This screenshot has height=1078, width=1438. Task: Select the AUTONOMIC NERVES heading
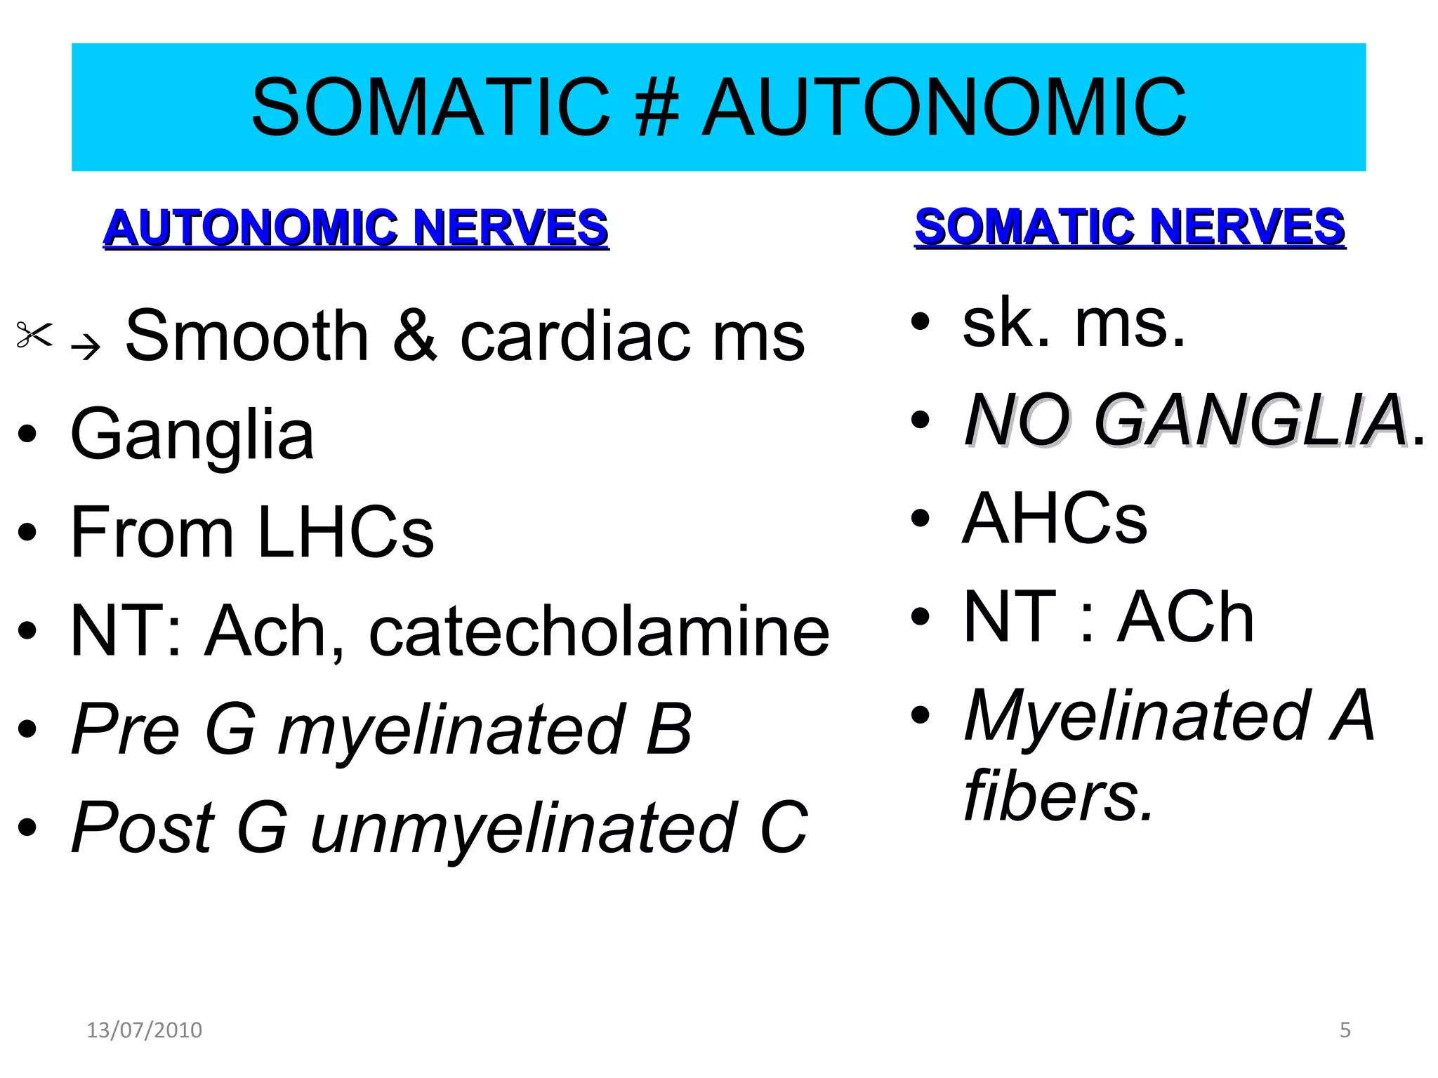coord(356,228)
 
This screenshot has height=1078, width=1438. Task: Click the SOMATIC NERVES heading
coord(1130,227)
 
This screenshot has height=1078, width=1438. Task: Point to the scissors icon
coord(34,335)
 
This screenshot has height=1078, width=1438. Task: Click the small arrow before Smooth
coord(86,346)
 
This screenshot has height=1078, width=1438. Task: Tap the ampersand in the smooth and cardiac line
coord(415,337)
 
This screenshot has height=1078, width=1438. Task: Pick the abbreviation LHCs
coord(345,533)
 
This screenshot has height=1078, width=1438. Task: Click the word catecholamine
coord(599,632)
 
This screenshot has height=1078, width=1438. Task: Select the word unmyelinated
coord(524,829)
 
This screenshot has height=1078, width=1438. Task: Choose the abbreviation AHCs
coord(1055,519)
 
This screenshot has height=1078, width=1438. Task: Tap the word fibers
coord(1059,797)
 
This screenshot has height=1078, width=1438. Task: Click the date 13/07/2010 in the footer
coord(144,1030)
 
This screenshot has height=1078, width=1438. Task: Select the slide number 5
coord(1345,1030)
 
